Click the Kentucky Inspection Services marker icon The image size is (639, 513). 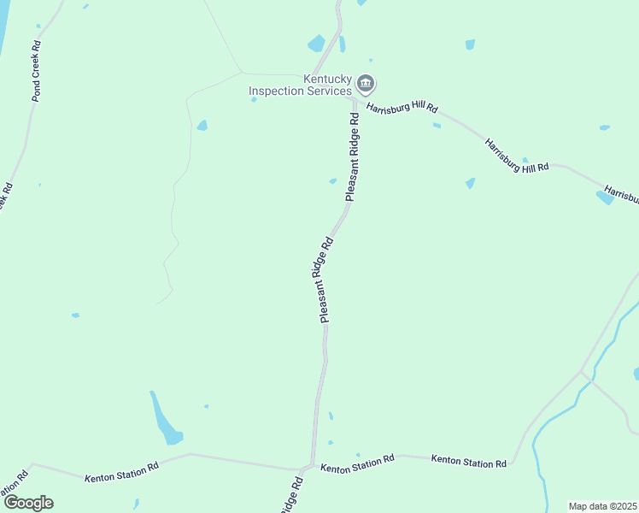coord(366,84)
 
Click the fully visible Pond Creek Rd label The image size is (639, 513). coord(37,70)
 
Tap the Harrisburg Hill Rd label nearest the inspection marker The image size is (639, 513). coord(402,109)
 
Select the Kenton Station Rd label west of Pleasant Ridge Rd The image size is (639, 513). coord(121,473)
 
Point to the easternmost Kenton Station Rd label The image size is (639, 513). coord(469,461)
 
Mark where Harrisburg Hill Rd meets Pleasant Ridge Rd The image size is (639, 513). coord(354,100)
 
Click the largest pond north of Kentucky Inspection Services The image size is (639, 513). coord(317,44)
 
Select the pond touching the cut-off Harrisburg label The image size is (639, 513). coord(604,198)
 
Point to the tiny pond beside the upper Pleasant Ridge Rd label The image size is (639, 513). coord(332,180)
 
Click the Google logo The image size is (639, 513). coord(28,503)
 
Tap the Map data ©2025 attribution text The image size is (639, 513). coord(603,506)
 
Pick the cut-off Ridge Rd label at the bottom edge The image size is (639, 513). coord(291,497)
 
